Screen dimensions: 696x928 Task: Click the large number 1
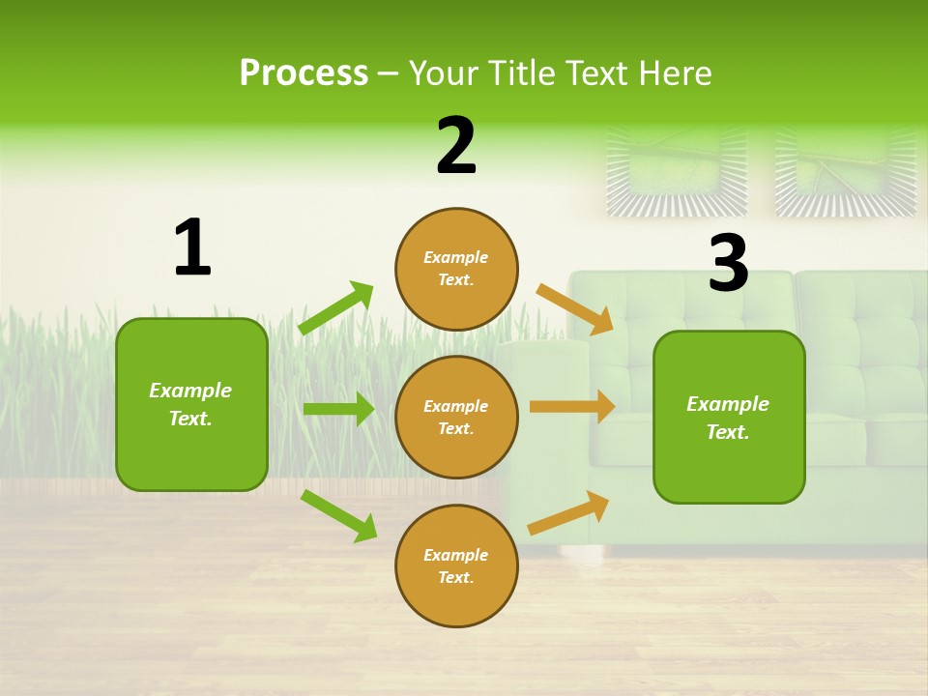pos(192,248)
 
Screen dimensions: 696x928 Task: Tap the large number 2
pos(456,146)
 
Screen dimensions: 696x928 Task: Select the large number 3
pos(728,264)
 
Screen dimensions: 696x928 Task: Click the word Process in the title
pos(304,72)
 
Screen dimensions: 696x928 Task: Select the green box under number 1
pos(191,404)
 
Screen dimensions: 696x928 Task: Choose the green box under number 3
pos(729,417)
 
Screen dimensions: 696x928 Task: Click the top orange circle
pos(456,269)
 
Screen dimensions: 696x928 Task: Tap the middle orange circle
pos(456,417)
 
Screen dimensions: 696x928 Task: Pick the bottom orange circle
pos(456,565)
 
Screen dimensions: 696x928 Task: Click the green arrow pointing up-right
pos(336,308)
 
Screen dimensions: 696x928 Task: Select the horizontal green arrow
pos(338,409)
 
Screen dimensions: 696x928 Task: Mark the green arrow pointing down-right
pos(339,515)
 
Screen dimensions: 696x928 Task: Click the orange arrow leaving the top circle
pos(575,309)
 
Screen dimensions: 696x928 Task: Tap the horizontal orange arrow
pos(572,406)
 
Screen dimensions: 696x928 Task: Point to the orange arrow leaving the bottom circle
pos(568,513)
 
